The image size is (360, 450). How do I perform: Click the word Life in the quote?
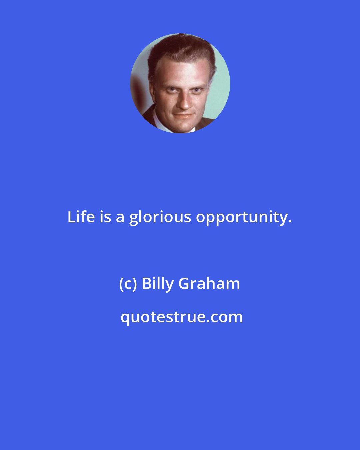[81, 217]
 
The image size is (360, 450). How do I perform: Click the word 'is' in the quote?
[105, 217]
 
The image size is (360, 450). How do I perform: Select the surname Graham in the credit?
[209, 284]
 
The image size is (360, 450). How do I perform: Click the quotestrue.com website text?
[181, 317]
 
